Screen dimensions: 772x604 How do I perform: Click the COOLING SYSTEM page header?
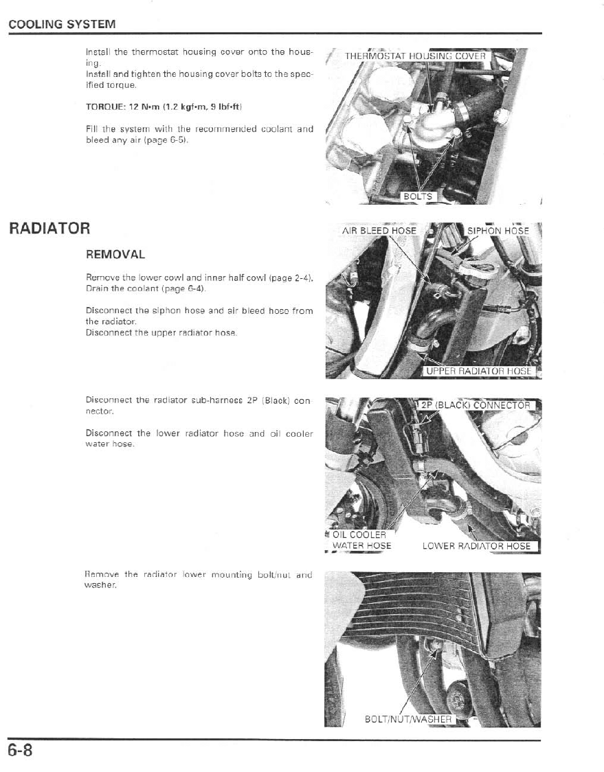coord(62,25)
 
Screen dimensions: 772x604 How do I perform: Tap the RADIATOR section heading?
coord(49,229)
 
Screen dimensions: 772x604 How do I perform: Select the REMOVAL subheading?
coord(115,254)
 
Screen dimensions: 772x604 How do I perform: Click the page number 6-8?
coord(21,750)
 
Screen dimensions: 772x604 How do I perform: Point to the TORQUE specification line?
coord(163,108)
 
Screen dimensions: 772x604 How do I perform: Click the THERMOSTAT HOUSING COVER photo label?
coord(415,56)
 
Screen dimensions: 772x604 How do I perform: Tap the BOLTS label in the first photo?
coord(418,196)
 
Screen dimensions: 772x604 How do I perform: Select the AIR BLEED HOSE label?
coord(379,231)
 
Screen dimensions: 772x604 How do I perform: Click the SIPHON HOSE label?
coord(498,231)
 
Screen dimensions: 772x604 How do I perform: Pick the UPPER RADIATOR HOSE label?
coord(480,371)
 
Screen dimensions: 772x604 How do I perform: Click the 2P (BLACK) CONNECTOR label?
coord(476,405)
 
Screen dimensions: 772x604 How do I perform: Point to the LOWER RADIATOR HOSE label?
coord(477,546)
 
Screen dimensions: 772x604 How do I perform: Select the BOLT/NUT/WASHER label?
coord(408,719)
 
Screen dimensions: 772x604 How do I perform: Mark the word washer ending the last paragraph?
coord(99,585)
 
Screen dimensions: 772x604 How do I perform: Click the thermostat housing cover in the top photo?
coord(432,128)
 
